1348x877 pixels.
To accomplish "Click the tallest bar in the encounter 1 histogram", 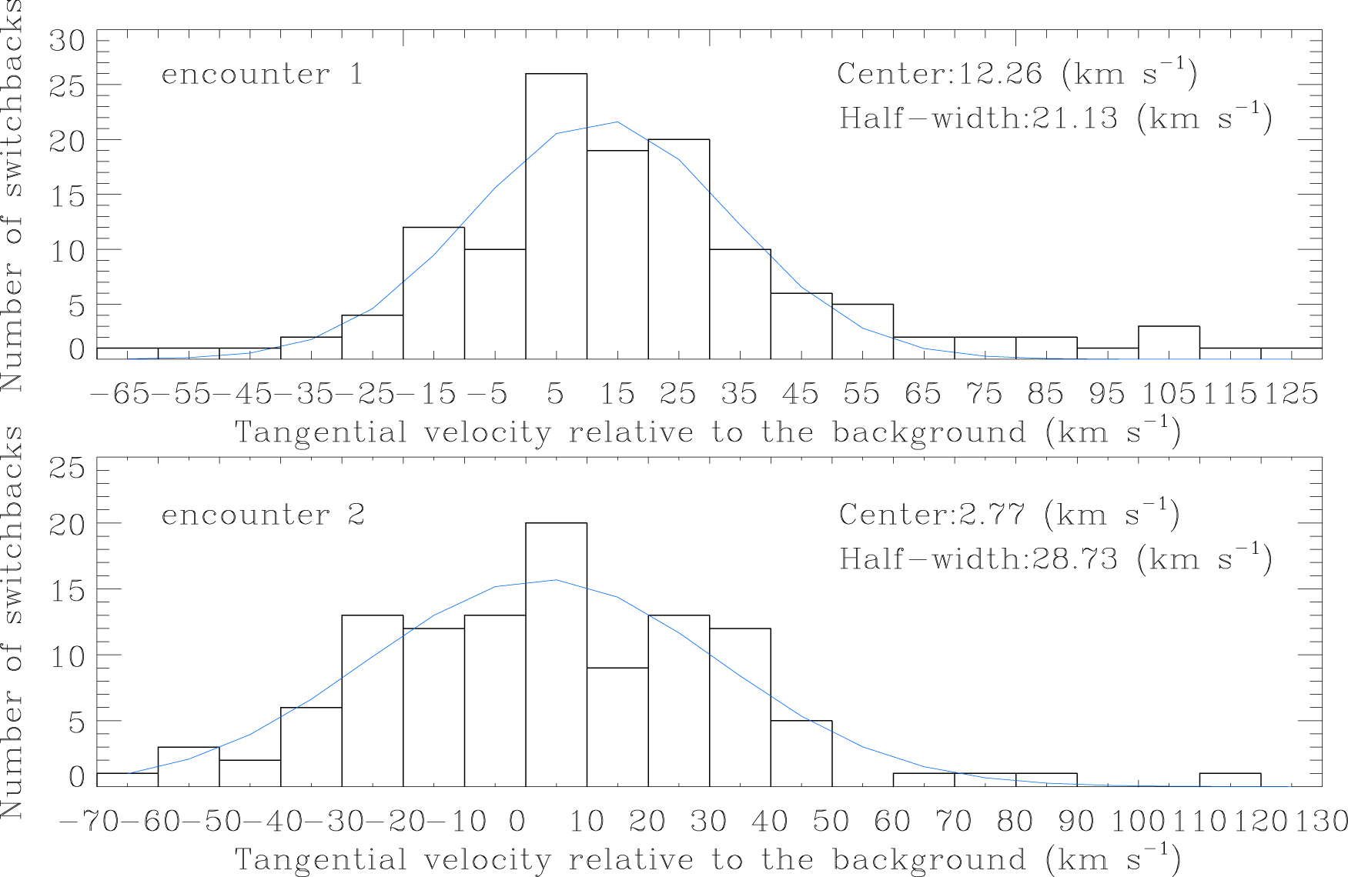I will click(556, 215).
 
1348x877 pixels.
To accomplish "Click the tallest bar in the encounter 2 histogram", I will click(556, 654).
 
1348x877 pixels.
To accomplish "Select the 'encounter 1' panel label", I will click(262, 75).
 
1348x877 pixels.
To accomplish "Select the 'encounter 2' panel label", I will click(263, 515).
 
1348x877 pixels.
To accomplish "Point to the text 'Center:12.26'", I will click(939, 74).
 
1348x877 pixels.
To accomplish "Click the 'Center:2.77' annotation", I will click(932, 514).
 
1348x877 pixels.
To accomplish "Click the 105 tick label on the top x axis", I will click(1168, 394).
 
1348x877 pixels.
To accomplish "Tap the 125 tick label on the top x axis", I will click(1291, 394).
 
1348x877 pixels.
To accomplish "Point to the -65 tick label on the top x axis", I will click(122, 394).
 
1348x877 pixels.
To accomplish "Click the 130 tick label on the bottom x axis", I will click(1321, 822).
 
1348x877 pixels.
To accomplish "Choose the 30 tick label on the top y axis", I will click(68, 40).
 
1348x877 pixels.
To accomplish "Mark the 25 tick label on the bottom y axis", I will click(68, 468).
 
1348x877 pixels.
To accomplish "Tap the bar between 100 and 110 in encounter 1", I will click(1169, 342).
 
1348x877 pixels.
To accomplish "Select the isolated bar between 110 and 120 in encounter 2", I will click(1229, 779).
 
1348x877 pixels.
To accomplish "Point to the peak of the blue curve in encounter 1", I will click(617, 122).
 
